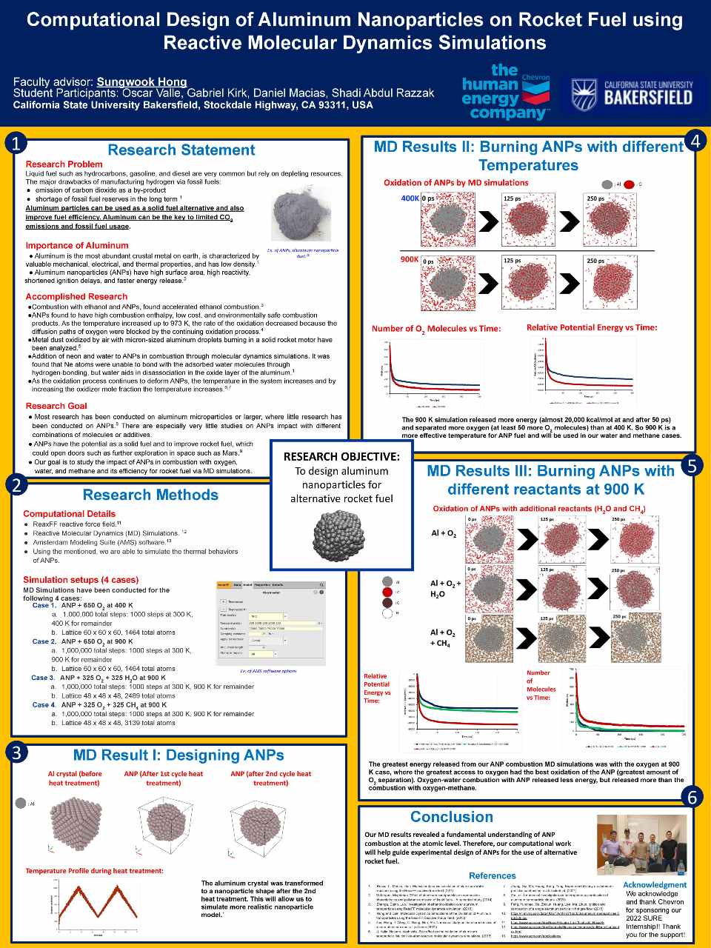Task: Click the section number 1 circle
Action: [x=16, y=143]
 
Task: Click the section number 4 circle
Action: [x=695, y=140]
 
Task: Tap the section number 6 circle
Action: [x=692, y=797]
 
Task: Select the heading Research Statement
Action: [x=181, y=150]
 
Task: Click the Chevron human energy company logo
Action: [x=505, y=92]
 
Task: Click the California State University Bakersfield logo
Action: [x=632, y=95]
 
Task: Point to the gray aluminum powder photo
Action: [x=301, y=213]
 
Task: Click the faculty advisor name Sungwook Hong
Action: [x=141, y=82]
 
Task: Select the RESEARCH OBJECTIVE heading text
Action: [x=341, y=456]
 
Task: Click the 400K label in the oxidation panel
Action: [x=410, y=198]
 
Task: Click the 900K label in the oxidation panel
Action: [x=410, y=260]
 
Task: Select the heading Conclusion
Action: [x=451, y=817]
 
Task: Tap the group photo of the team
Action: [x=641, y=845]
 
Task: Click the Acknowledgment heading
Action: [x=654, y=884]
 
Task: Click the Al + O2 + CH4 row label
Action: [x=442, y=638]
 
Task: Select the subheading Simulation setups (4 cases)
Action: [x=81, y=580]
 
